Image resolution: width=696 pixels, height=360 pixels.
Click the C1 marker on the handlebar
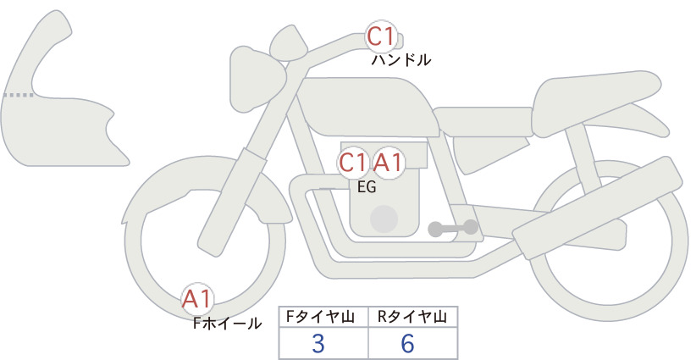381,36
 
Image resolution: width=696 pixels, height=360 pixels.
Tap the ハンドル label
400,60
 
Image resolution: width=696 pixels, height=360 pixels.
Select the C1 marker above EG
353,163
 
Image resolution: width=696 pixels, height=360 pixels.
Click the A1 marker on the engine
388,163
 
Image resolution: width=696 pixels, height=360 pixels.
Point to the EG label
367,187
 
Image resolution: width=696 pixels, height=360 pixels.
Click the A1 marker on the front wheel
197,299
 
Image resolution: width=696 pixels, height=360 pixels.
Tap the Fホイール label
227,324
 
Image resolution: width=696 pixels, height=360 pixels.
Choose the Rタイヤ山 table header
412,317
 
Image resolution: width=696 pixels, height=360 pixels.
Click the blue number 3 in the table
318,343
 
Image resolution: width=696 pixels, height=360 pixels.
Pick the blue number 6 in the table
407,343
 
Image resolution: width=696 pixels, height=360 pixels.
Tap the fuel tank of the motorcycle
366,107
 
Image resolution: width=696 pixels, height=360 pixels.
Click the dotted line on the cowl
18,95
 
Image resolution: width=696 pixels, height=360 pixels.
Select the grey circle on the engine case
384,219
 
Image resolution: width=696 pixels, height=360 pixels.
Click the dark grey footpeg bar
453,229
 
